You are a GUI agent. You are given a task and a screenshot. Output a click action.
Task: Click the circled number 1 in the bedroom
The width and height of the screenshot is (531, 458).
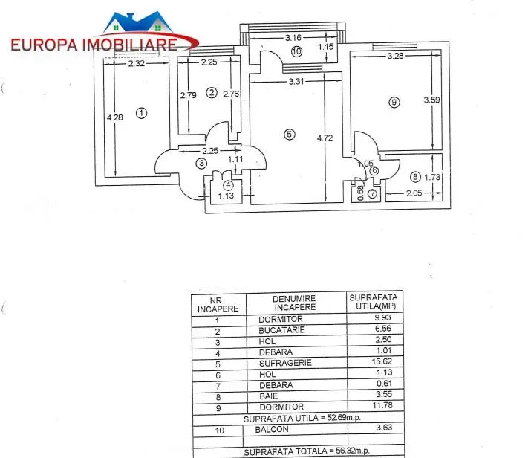point(142,113)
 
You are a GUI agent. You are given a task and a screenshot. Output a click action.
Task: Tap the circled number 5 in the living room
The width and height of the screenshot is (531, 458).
point(289,135)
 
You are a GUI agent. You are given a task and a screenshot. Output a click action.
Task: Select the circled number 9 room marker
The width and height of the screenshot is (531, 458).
point(394,102)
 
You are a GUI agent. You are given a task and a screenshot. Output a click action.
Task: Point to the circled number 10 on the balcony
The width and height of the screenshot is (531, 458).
point(296,51)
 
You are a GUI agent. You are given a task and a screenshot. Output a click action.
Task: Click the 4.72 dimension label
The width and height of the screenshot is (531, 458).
point(325,138)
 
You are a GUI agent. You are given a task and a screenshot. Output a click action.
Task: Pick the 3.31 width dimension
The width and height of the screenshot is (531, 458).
point(296,81)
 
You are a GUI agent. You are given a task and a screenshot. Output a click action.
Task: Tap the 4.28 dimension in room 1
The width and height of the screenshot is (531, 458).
point(115,117)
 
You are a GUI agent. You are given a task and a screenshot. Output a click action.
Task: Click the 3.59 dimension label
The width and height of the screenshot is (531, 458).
point(431,100)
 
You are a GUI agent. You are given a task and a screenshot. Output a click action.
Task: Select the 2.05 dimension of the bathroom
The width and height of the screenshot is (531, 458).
point(414,193)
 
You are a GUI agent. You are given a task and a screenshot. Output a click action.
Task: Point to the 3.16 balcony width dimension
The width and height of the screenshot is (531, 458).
point(293,38)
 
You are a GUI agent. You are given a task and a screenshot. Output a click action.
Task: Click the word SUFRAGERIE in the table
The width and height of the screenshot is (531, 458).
point(285,363)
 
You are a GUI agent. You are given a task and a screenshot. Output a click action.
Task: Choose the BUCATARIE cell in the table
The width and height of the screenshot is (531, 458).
point(281,330)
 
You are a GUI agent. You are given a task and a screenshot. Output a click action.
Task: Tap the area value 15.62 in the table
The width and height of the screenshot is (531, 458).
point(382,361)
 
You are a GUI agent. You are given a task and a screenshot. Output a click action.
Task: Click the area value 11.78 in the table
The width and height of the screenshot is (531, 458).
point(382,405)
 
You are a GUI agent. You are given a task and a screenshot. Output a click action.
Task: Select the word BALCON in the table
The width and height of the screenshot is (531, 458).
point(272,430)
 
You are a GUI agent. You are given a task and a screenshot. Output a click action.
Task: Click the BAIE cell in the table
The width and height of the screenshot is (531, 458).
point(269,396)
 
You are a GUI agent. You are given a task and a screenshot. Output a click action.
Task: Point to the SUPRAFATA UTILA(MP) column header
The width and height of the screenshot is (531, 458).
point(374,302)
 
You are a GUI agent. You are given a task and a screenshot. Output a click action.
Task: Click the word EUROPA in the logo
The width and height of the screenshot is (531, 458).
point(45,45)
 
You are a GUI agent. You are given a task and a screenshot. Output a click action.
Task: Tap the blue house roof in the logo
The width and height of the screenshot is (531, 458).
point(138,22)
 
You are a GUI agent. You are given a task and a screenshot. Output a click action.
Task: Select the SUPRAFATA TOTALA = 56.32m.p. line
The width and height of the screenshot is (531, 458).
point(307,451)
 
